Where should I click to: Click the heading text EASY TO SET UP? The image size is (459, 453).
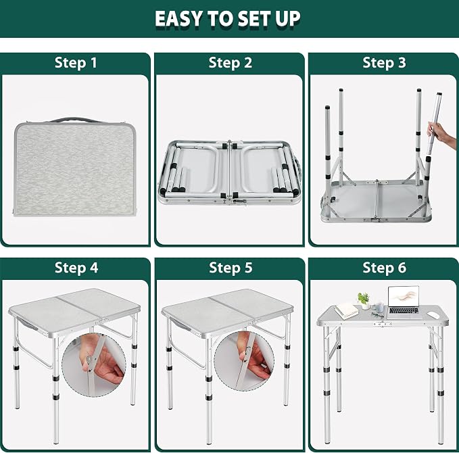pos(227,19)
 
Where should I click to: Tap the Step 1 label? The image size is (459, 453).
pos(76,63)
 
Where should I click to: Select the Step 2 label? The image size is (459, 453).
pos(230,63)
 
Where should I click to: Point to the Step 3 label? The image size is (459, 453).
pos(384,63)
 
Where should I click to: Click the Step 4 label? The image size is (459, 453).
pos(76,268)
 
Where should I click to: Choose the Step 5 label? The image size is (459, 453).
pos(231,268)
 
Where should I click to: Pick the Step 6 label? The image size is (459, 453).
pos(385,268)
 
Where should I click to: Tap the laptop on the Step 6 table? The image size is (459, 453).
pos(404,302)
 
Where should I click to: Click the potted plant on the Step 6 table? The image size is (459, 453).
pos(364,300)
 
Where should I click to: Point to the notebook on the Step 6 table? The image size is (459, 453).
pos(347,310)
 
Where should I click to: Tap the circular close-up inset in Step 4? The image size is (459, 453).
pos(94,365)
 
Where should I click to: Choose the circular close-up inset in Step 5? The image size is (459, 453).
pos(244,361)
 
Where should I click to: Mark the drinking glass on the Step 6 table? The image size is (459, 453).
pos(379,308)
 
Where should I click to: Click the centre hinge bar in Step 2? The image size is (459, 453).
pos(230,170)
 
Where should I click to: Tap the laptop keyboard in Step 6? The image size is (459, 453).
pos(404,310)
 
